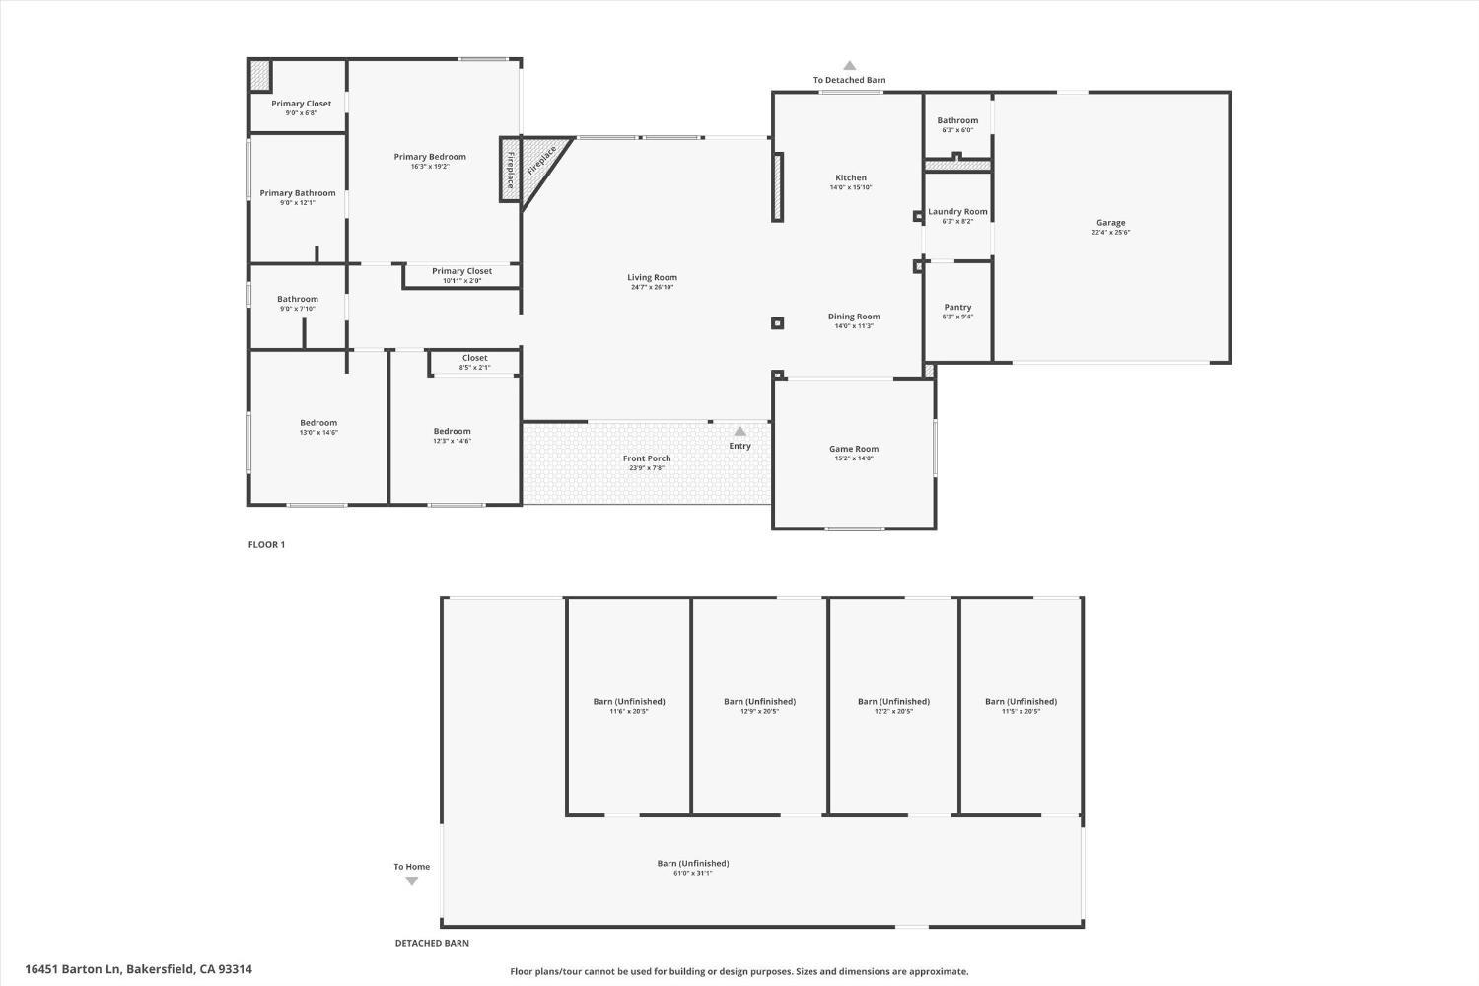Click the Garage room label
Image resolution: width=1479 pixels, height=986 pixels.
pos(1110,223)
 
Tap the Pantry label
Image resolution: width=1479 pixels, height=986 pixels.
pos(957,307)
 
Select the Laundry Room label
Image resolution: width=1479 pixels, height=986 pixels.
pos(957,212)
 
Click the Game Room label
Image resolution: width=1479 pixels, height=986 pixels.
pos(854,449)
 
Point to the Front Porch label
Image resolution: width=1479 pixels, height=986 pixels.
pos(647,458)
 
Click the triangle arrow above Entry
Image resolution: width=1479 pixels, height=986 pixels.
pos(739,431)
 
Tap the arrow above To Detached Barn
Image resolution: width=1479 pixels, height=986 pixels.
pos(849,66)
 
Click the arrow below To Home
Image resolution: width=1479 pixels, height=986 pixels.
pos(412,881)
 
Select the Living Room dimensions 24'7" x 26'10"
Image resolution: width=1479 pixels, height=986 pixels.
pos(652,288)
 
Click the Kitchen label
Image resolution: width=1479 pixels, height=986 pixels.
pos(851,178)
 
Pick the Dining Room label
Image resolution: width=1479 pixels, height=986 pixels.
pos(854,317)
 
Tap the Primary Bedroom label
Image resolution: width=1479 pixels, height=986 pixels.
pos(430,157)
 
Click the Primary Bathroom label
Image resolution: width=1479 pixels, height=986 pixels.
pos(298,193)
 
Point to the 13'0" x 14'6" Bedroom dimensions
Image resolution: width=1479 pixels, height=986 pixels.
pos(318,433)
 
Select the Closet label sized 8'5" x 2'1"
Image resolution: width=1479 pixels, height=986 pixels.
pos(474,358)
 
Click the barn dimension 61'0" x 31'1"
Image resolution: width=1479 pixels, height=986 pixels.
pos(693,874)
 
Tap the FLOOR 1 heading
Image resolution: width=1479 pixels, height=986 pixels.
pos(266,545)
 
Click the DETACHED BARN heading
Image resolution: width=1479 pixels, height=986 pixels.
pos(432,944)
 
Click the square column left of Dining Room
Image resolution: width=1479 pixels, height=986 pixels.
pos(777,322)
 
